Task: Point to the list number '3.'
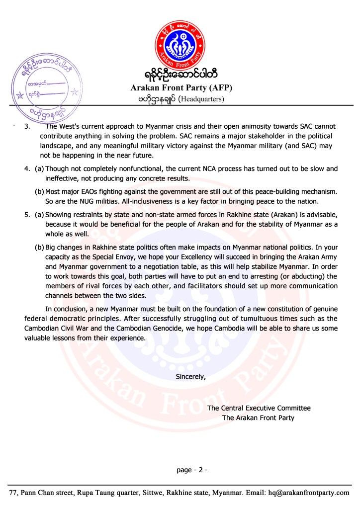pos(28,127)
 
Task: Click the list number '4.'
pos(28,169)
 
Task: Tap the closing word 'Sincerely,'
pos(190,377)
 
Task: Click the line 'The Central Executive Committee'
pos(259,408)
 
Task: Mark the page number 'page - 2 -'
pos(191,469)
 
